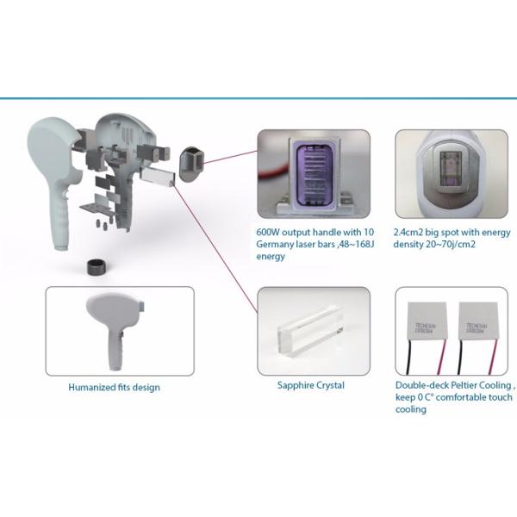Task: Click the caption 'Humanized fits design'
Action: (114, 388)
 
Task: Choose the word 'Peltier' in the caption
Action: (463, 386)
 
